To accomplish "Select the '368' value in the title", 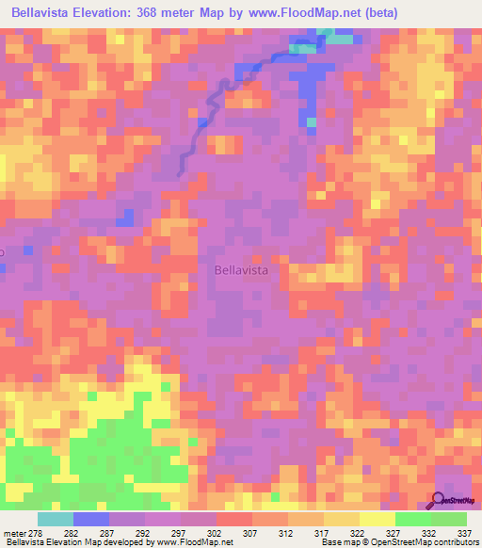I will click(x=174, y=13).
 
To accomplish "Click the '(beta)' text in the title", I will click(x=378, y=13).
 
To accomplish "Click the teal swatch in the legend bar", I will click(x=56, y=519).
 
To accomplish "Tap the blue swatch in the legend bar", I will click(x=91, y=519).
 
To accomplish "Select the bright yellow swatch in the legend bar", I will click(x=377, y=519).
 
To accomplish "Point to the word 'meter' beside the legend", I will click(x=13, y=534).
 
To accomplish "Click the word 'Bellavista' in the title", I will click(x=42, y=13).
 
